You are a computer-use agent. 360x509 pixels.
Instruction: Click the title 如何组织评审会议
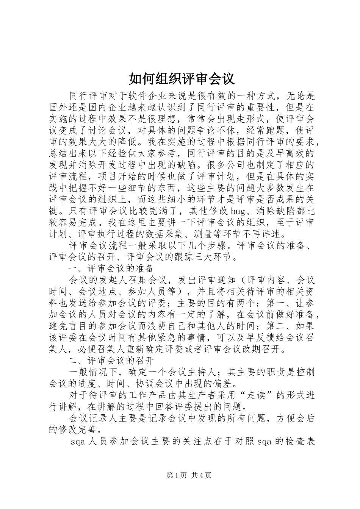(182, 78)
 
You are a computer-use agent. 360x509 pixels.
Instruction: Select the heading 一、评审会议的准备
(111, 268)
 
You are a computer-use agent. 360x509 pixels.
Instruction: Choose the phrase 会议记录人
(92, 418)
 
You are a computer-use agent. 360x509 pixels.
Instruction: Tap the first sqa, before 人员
(78, 442)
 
